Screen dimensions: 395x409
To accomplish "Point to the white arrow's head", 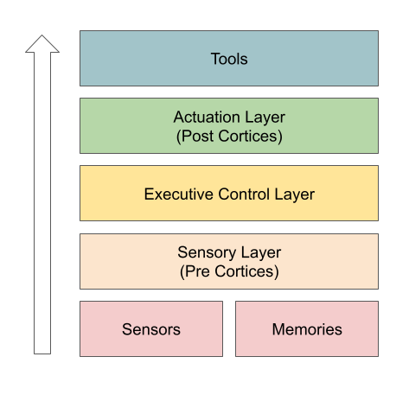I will (42, 44).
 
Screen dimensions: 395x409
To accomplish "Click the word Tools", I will (229, 59).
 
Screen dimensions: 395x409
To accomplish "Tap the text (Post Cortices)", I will (229, 136).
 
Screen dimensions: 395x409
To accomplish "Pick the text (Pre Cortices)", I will (229, 271).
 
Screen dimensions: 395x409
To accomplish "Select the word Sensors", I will (151, 329).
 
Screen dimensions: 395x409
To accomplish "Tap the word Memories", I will (307, 329).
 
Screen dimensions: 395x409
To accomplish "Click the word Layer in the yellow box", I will (296, 194).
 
